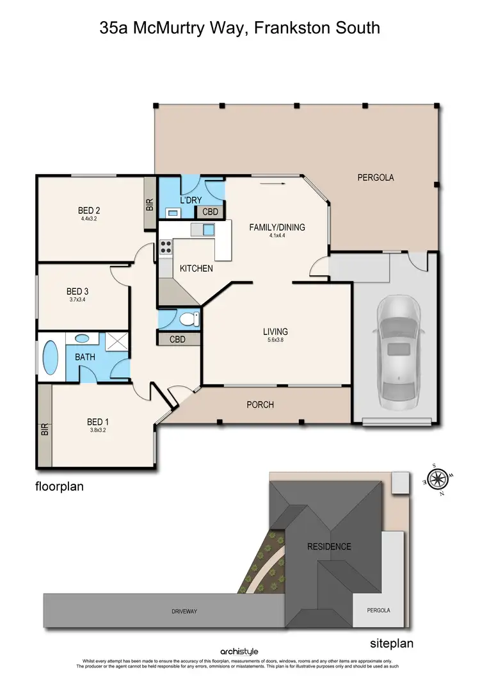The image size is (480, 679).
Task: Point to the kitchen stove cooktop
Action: (166, 246)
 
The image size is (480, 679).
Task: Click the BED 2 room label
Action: (90, 210)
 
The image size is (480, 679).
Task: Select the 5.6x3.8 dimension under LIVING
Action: (275, 341)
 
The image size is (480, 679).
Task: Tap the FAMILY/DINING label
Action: (277, 227)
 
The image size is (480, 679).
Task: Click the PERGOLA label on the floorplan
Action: (375, 177)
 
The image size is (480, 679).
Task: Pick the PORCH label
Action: (260, 405)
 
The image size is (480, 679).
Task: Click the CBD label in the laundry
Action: (211, 212)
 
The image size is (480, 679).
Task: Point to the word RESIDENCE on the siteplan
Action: (329, 546)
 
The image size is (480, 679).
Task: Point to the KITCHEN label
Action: (196, 268)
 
